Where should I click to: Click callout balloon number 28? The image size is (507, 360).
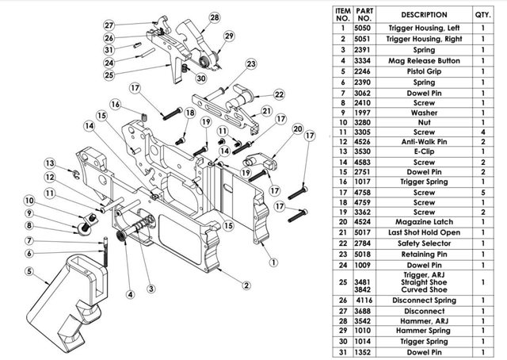coord(215,17)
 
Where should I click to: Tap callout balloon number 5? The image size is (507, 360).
coord(29,271)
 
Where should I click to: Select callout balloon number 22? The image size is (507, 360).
coord(279,94)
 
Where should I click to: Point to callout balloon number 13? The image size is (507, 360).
coord(50,163)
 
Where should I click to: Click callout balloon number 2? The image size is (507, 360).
coord(246,285)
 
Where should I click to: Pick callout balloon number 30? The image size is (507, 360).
coord(201,79)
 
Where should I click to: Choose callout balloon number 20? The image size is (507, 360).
coord(298,129)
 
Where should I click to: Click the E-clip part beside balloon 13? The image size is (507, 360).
coord(76,174)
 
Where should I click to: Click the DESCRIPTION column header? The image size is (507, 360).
coord(424,15)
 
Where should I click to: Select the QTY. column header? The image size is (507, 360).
coord(482,15)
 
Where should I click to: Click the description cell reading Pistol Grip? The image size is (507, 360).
coord(424,71)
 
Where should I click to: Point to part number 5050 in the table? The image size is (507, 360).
coord(363,29)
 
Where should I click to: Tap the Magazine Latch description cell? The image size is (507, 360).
coord(424,222)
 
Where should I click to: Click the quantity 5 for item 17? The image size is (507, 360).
coord(482,193)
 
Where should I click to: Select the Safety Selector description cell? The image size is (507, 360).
coord(424,243)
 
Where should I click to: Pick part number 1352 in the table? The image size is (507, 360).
coord(363,352)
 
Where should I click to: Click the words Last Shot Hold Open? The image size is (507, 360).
coord(424,233)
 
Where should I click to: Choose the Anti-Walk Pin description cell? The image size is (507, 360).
coord(424,142)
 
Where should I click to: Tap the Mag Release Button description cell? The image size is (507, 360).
coord(424,61)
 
